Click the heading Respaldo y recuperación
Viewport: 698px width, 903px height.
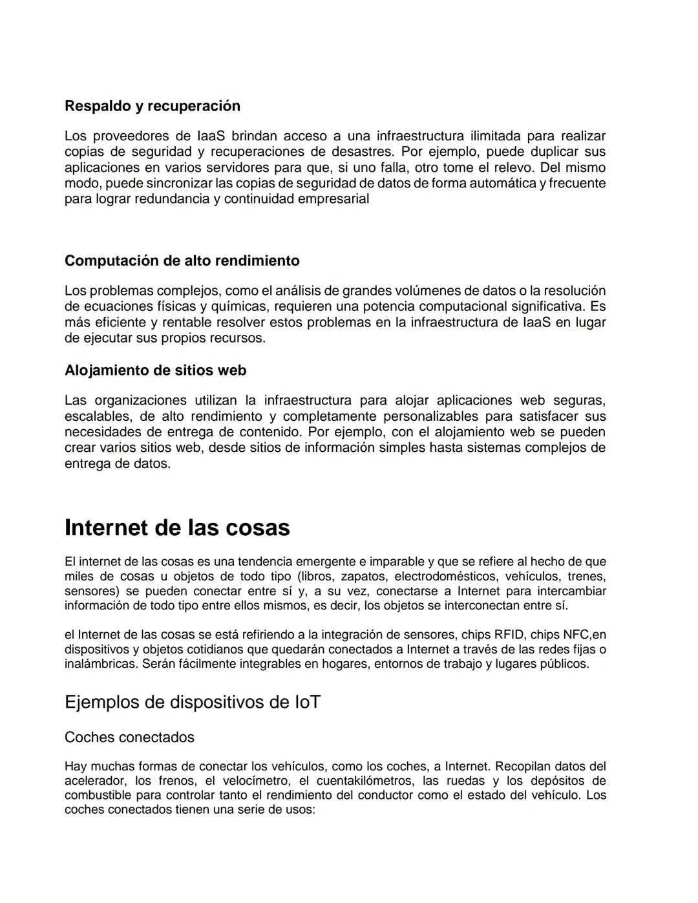pyautogui.click(x=152, y=106)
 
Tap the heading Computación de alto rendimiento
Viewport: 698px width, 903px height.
pyautogui.click(x=182, y=261)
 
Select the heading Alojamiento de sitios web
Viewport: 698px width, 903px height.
pyautogui.click(x=155, y=370)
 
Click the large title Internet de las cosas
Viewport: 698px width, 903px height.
pyautogui.click(x=177, y=527)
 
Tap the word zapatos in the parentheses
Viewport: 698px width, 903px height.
pyautogui.click(x=364, y=577)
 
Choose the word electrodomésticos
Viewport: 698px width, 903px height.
pyautogui.click(x=445, y=577)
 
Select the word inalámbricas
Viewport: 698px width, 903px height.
pyautogui.click(x=101, y=664)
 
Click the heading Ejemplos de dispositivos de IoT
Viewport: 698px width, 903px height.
pyautogui.click(x=193, y=702)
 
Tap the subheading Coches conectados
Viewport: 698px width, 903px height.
pyautogui.click(x=129, y=738)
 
